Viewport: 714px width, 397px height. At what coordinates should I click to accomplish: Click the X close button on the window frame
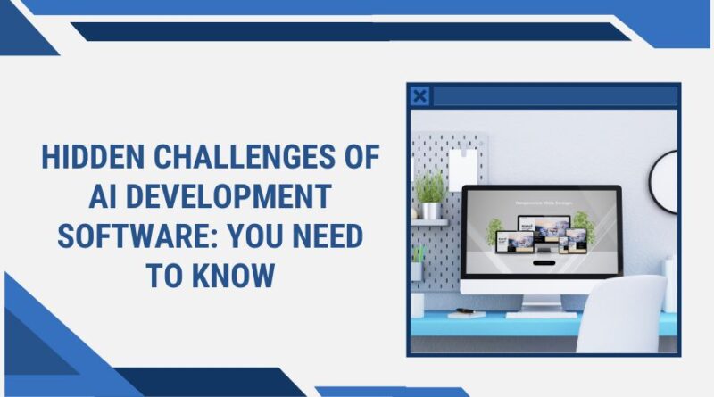(x=419, y=96)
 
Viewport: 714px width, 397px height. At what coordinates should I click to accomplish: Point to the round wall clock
(x=666, y=181)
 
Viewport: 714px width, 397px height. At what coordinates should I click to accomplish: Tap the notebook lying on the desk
(x=466, y=313)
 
